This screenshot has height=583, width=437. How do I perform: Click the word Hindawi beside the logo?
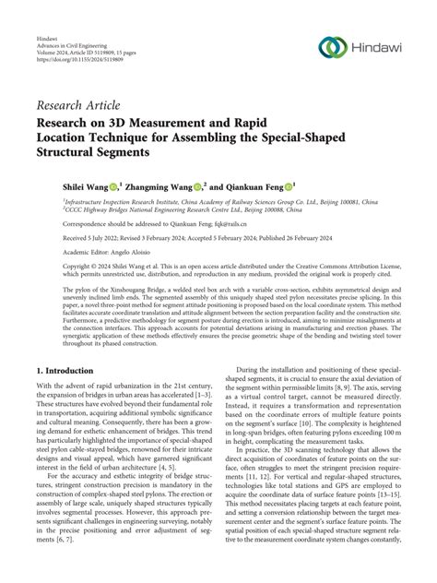378,48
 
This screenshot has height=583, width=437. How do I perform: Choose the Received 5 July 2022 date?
96,237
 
